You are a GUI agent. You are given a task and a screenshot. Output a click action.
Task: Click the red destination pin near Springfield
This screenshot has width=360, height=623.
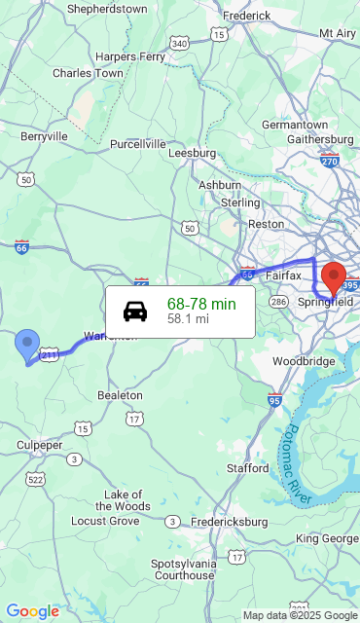tap(334, 277)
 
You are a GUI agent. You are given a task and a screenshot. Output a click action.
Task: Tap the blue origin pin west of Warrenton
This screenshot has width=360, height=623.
tap(27, 345)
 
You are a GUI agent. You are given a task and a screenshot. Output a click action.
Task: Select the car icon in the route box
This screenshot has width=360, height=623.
tap(135, 311)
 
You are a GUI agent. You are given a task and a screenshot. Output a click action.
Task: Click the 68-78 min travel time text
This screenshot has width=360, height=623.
tap(201, 305)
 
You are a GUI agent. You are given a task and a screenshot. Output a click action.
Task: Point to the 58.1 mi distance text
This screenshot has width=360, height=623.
tap(188, 318)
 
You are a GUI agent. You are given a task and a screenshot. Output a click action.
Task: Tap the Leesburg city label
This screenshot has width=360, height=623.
tap(192, 153)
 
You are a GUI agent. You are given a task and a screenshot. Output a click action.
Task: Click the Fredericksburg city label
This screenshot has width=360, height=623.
tap(229, 522)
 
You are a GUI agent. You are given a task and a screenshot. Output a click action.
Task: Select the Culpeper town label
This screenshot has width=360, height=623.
tap(40, 445)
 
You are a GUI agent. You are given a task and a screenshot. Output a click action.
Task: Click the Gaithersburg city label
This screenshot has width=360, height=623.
tap(320, 139)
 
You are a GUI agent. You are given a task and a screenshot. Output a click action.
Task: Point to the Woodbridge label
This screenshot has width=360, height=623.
tap(304, 361)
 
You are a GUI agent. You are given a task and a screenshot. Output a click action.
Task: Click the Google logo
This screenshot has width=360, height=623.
tap(32, 611)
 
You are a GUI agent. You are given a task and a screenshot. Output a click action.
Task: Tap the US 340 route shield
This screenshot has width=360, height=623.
tap(178, 44)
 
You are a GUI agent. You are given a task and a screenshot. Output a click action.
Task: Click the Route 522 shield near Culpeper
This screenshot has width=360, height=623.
tap(36, 479)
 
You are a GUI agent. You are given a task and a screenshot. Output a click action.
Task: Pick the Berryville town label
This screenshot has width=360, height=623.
tap(45, 137)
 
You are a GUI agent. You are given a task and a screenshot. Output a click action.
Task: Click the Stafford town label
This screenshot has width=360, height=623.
tap(247, 468)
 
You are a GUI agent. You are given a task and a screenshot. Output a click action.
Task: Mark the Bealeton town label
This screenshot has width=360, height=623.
tap(120, 395)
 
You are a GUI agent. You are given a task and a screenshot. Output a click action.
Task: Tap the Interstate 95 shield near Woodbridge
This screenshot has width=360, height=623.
tap(274, 399)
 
